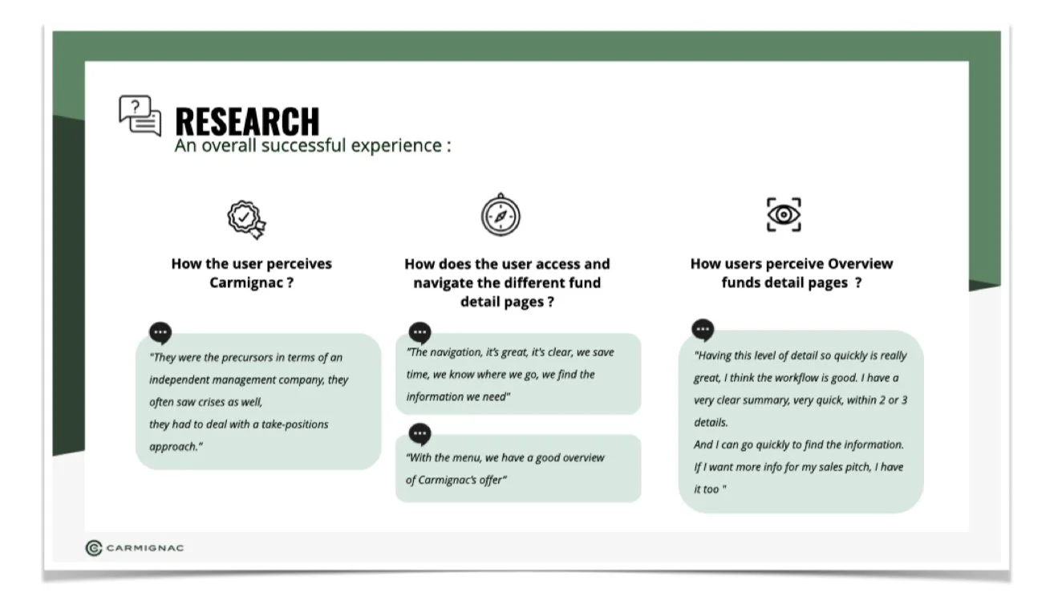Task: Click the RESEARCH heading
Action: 247,121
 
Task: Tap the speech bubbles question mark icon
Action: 140,116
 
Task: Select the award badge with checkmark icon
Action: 246,220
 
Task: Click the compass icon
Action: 501,215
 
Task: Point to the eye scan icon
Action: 784,215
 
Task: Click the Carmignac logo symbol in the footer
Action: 94,548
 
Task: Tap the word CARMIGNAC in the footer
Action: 145,548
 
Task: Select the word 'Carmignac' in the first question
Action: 246,283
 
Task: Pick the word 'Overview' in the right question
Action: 860,264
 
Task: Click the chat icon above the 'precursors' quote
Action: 160,333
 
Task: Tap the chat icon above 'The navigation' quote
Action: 420,333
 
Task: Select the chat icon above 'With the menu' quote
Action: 420,434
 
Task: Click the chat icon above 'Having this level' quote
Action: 703,330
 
